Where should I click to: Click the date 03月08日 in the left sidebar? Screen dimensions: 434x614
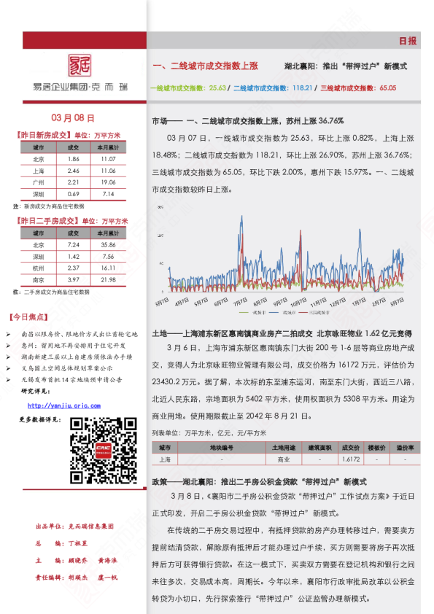[x=73, y=117]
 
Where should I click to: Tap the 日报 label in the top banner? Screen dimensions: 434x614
[x=408, y=42]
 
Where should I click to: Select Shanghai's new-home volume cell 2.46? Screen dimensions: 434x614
[x=73, y=170]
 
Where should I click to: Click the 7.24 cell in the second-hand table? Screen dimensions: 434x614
[x=73, y=245]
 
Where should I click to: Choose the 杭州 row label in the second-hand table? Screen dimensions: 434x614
[x=38, y=268]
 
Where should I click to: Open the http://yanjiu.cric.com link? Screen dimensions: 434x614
[x=64, y=405]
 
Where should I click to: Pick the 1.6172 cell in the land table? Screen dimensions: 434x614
[x=351, y=460]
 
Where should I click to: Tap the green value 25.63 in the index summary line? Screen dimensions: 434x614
[x=217, y=88]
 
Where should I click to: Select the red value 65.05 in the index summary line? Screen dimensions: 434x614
[x=387, y=88]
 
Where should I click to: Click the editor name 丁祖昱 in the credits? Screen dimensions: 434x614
[x=77, y=544]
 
